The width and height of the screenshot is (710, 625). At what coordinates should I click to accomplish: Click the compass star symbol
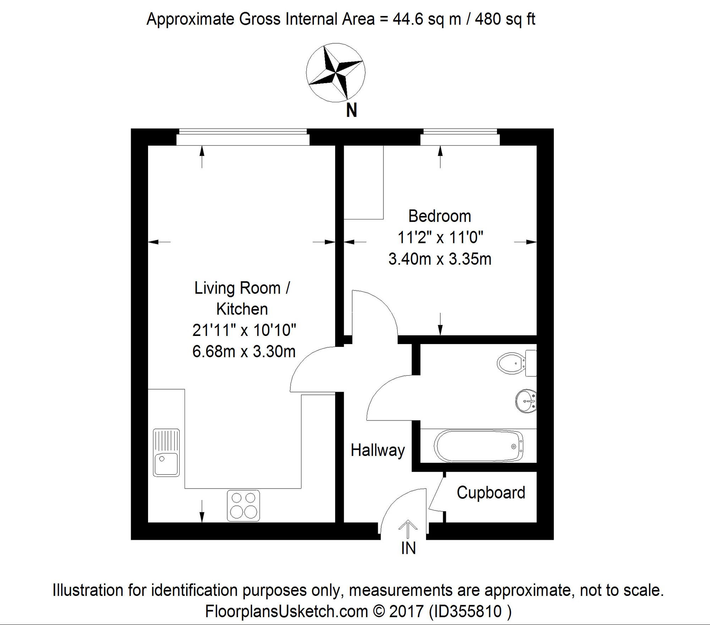click(335, 72)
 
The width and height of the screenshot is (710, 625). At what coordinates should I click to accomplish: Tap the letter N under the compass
click(351, 110)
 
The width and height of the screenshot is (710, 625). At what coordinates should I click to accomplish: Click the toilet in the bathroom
click(517, 363)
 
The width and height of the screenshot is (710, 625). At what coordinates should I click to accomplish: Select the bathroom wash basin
click(526, 401)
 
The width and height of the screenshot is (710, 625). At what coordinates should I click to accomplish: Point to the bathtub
click(479, 446)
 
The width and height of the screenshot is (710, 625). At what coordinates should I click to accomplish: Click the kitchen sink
click(166, 453)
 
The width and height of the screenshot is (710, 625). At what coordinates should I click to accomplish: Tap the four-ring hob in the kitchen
click(243, 506)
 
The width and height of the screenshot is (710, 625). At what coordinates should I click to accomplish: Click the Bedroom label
click(439, 216)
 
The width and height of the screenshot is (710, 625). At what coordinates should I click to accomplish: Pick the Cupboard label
click(491, 493)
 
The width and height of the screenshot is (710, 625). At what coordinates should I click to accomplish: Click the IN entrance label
click(408, 548)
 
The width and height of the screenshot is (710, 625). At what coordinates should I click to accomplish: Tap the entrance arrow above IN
click(408, 529)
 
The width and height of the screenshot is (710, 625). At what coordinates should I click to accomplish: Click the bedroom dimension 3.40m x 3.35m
click(440, 259)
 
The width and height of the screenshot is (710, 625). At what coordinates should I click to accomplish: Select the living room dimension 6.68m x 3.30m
click(244, 352)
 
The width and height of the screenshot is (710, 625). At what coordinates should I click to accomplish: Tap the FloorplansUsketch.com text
click(286, 612)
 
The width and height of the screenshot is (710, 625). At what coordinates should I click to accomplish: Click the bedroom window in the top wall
click(460, 137)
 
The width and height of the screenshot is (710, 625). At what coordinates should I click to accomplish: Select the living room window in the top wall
click(243, 137)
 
